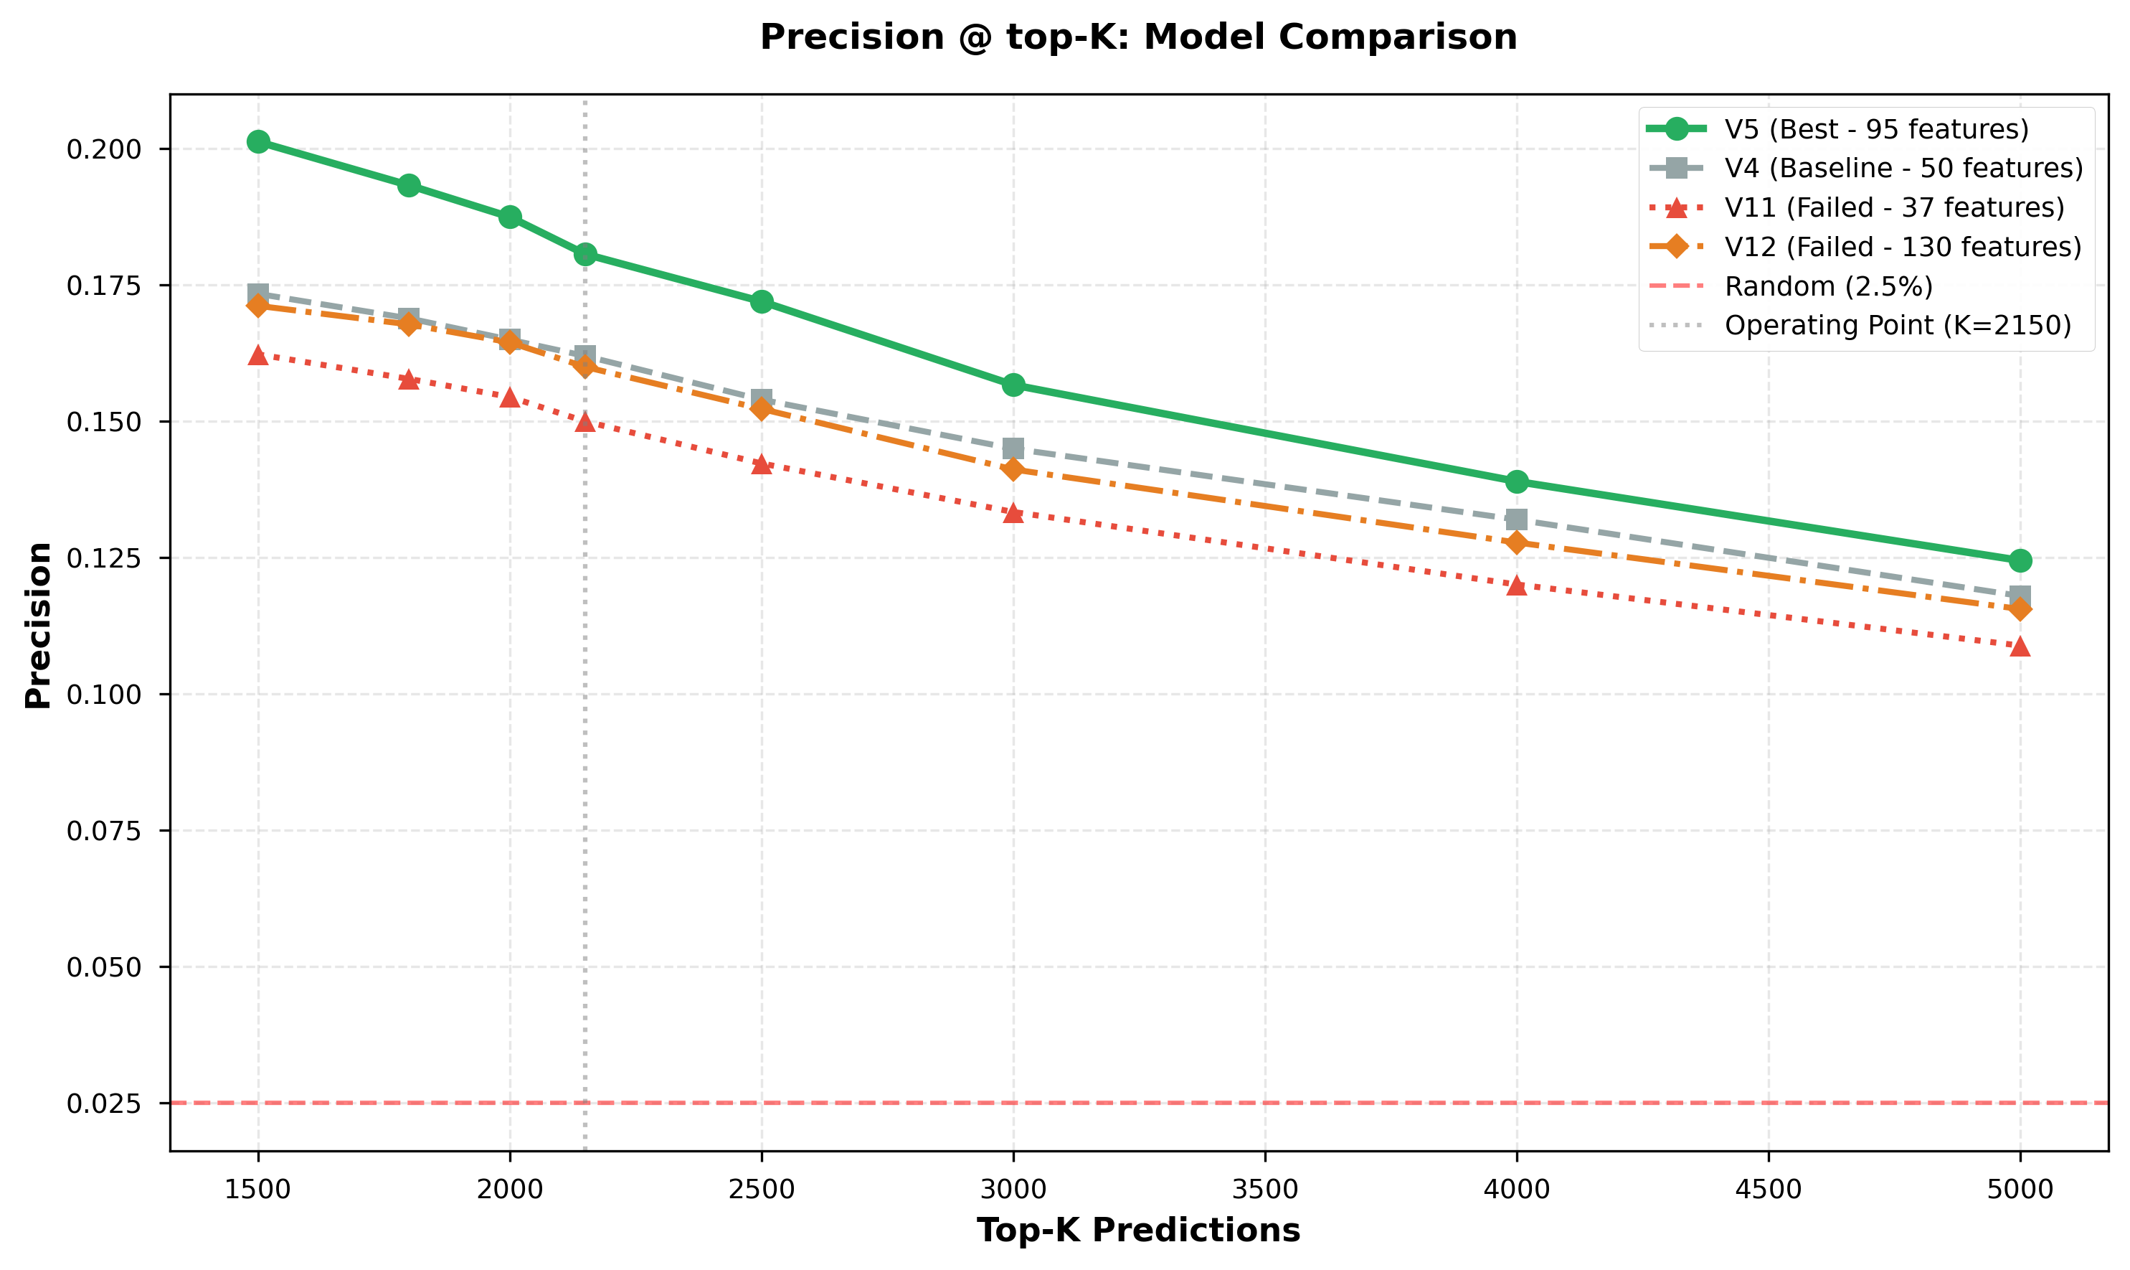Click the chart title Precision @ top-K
tap(1137, 37)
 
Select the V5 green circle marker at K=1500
tap(258, 142)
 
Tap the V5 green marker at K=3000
tap(1013, 385)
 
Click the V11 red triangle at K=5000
tap(2020, 646)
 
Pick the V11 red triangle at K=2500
tap(762, 464)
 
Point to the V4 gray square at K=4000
tap(1517, 519)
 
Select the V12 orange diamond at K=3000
tap(1013, 469)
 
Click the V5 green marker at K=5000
tap(2020, 560)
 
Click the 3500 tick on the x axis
tap(1264, 1190)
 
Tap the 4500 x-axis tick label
tap(1768, 1190)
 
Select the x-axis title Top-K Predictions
tap(1137, 1231)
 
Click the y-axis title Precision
tap(37, 625)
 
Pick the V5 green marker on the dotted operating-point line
tap(585, 254)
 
